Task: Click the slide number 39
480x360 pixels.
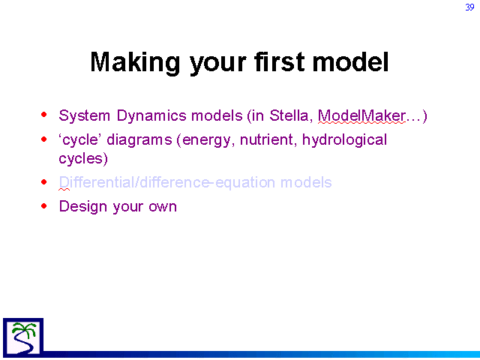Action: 469,7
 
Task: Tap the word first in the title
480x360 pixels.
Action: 280,61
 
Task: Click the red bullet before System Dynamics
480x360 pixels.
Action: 44,115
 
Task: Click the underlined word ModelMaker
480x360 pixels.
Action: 361,116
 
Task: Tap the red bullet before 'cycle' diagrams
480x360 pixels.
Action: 44,139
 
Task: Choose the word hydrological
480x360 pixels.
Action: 344,140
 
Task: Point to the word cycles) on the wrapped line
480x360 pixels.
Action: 83,159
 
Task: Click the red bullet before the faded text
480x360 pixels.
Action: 44,182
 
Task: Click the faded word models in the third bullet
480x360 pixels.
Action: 306,182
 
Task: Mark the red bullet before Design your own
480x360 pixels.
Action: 44,205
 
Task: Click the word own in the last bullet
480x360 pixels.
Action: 163,208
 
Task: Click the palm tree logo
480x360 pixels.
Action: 23,337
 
